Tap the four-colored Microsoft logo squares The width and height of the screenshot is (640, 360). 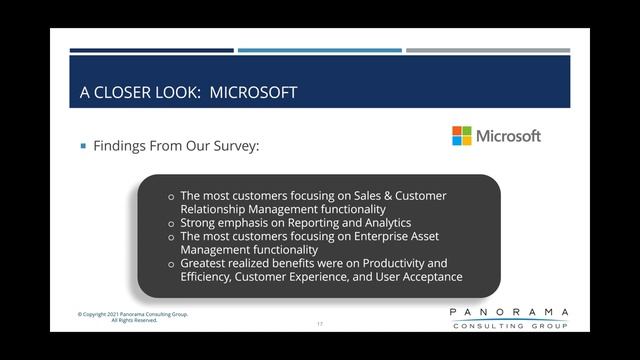pos(461,136)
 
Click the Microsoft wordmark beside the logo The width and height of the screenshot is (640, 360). pos(508,136)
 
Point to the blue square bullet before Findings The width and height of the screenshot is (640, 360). pos(84,146)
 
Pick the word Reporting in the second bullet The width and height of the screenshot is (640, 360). pos(300,223)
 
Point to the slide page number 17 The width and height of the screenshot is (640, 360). pos(320,324)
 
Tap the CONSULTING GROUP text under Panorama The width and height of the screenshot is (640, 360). pos(509,326)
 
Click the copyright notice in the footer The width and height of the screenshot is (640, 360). pos(133,317)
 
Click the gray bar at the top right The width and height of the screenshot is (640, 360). pos(487,50)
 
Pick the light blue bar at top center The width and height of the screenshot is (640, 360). pos(319,50)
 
